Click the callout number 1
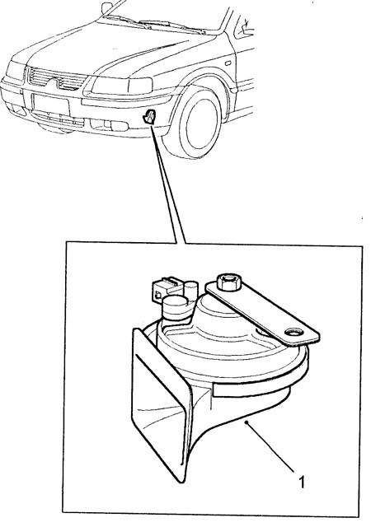302,481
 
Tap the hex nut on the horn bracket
230,282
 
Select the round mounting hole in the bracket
294,332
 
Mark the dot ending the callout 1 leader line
247,422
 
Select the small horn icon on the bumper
149,116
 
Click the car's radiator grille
57,80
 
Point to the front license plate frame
50,104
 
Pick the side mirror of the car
106,7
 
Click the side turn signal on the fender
228,63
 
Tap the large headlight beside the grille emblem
122,86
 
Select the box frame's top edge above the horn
214,244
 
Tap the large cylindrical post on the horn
175,307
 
